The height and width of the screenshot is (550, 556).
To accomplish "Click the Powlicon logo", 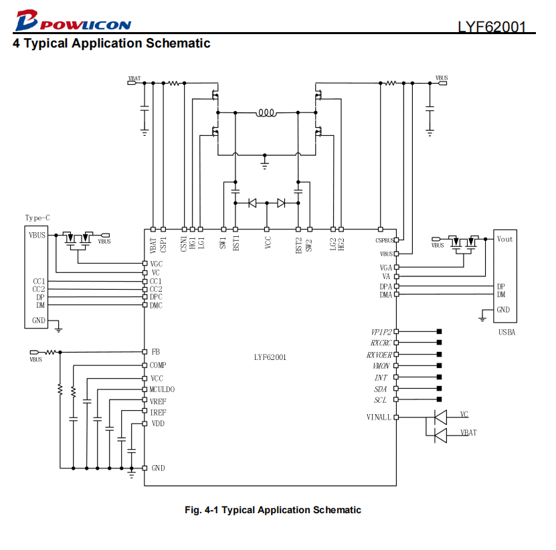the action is point(74,21).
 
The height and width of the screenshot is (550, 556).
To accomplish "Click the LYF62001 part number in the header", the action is point(492,27).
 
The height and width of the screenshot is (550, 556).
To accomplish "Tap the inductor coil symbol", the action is point(266,113).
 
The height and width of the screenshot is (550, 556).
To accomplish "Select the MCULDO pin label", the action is point(162,389).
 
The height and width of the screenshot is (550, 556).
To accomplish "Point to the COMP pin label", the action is point(158,365).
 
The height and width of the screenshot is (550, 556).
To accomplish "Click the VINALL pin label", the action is point(379,418).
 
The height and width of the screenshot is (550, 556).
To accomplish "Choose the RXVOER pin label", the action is point(379,355).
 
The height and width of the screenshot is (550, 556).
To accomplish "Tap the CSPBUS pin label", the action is point(384,240).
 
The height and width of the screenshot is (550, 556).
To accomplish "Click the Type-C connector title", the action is point(37,217).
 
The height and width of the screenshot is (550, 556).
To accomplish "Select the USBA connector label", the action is point(506,333).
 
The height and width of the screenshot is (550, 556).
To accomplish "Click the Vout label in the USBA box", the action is point(504,239).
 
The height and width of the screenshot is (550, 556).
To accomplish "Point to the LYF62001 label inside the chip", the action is point(270,357).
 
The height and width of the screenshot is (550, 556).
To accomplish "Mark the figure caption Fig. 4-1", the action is point(273,510).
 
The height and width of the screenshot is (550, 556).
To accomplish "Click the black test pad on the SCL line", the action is point(440,399).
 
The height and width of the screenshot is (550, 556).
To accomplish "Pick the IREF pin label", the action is point(158,412).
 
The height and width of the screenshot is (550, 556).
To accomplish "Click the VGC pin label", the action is point(157,264).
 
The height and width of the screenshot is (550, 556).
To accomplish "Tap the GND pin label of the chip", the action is point(158,468).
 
